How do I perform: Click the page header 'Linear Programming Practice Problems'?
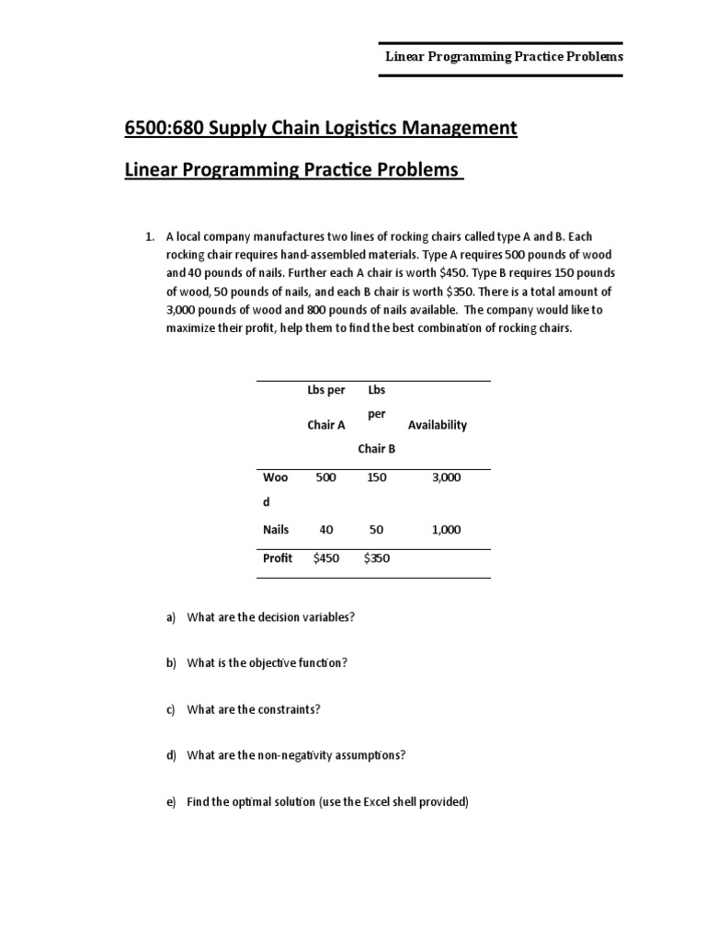[x=504, y=56]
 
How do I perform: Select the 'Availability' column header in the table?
[x=438, y=425]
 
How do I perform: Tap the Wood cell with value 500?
[x=325, y=477]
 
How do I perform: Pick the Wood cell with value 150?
[x=377, y=477]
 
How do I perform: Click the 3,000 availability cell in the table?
[x=446, y=477]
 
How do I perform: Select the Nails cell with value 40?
[x=325, y=530]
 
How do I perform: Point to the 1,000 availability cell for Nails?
[x=446, y=530]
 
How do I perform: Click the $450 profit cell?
[x=326, y=558]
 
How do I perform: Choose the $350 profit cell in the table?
[x=377, y=558]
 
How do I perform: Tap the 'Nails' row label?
[x=276, y=530]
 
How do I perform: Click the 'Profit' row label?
[x=278, y=558]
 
